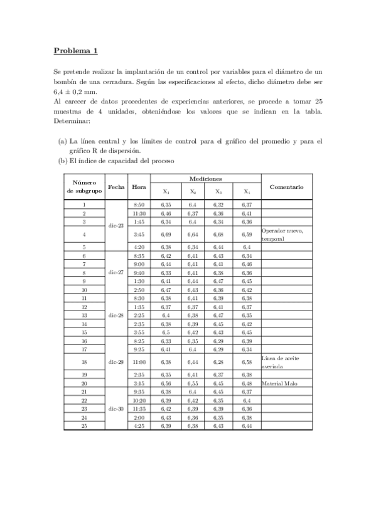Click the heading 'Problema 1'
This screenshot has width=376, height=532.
coord(75,51)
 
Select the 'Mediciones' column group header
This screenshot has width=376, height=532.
coord(206,179)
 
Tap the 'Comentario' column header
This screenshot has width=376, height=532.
coord(286,186)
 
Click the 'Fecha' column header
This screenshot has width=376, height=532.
coord(116,186)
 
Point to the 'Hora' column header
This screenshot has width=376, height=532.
coord(139,186)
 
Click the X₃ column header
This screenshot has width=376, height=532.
coord(218,192)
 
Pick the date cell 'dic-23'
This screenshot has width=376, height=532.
coord(116,225)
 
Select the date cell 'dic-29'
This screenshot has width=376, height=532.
coord(116,362)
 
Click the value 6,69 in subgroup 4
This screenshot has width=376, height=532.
coord(166,235)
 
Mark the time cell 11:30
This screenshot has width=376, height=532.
coord(139,213)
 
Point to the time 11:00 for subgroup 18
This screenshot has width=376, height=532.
coord(139,362)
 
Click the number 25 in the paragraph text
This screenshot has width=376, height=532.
coord(318,102)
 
